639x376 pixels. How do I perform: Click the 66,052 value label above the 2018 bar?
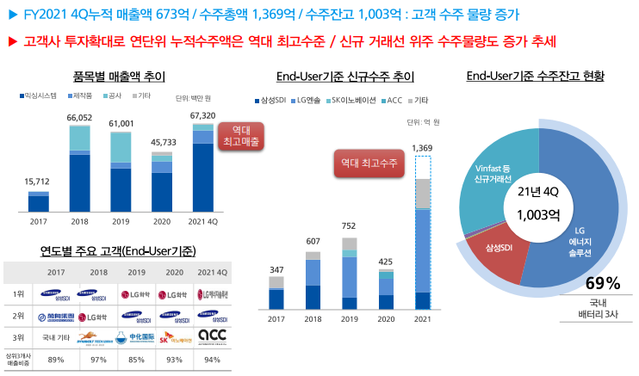[80, 118]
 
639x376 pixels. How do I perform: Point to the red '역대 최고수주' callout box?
[369, 162]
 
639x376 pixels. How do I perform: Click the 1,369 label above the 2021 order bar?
[422, 148]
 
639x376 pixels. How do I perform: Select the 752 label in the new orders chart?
[349, 226]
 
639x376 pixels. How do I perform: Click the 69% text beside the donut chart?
[603, 283]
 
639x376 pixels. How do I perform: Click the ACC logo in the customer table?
[211, 336]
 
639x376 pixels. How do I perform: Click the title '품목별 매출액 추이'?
[113, 76]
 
